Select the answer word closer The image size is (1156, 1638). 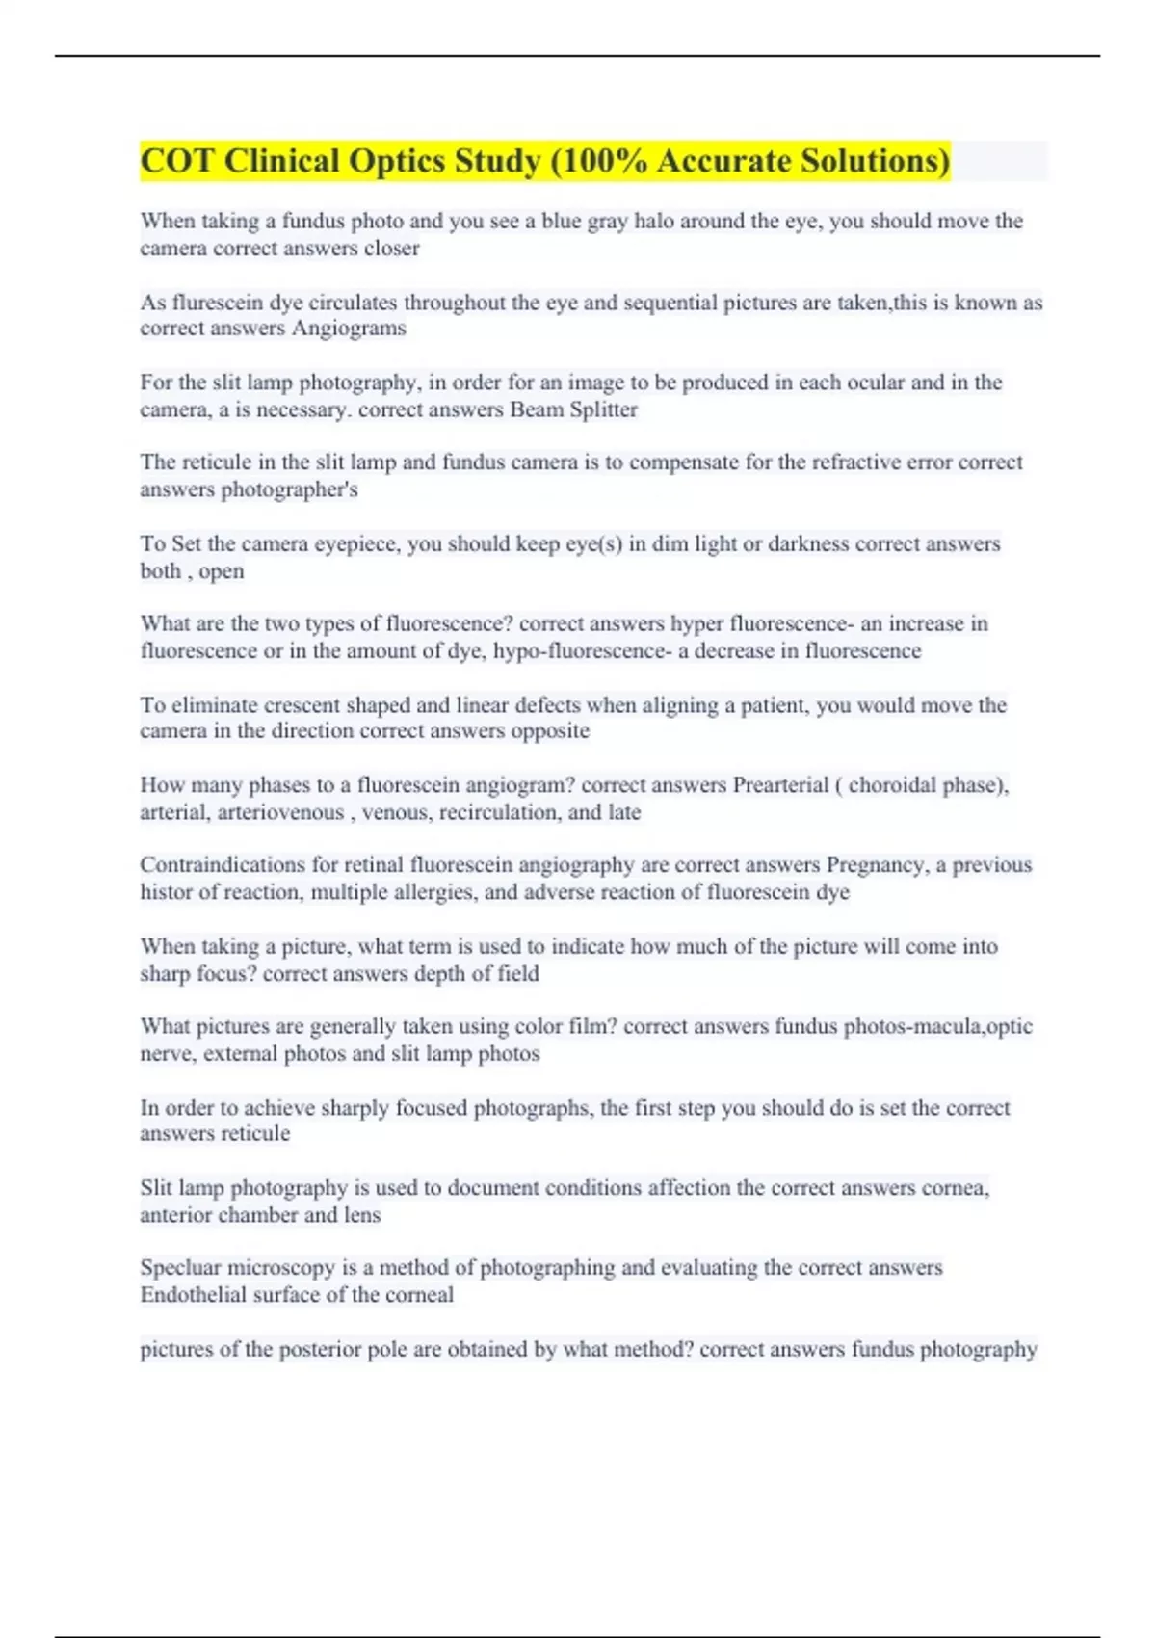(x=391, y=248)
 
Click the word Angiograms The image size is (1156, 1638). (x=349, y=329)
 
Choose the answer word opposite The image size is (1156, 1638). (x=550, y=730)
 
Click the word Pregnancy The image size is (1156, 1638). (x=875, y=865)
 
